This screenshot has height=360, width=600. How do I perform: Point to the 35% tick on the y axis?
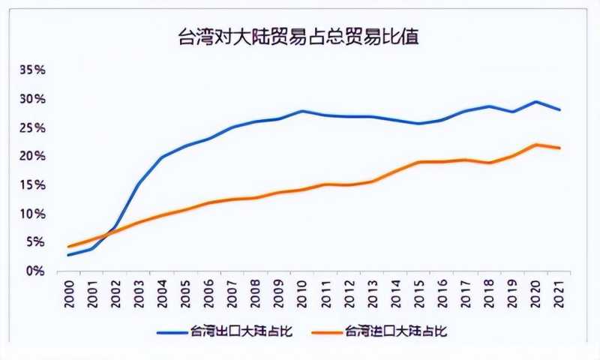click(33, 70)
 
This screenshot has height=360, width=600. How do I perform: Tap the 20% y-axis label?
click(33, 156)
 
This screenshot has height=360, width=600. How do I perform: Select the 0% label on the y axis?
click(36, 271)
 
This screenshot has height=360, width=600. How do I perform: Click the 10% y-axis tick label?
click(33, 214)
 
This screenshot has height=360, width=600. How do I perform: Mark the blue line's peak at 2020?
click(535, 102)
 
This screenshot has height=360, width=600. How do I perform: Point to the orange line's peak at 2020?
click(535, 145)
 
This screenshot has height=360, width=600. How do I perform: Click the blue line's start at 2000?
click(68, 255)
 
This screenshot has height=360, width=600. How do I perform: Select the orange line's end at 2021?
click(558, 148)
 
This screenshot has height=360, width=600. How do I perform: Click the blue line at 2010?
click(301, 111)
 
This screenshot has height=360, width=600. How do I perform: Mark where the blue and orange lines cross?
click(112, 232)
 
